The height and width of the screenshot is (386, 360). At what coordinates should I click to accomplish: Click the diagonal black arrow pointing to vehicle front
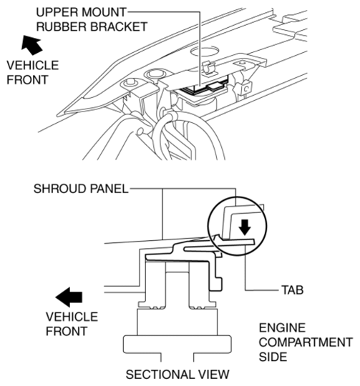pos(31,45)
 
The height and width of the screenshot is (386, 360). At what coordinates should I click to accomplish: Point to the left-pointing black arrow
pos(69,297)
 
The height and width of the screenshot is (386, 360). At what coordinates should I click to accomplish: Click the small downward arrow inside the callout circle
pos(245,227)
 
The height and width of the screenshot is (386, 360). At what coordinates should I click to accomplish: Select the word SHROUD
pos(60,189)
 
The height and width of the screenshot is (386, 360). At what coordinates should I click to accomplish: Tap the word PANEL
pos(109,189)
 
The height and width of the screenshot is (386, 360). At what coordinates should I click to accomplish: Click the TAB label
pos(293,290)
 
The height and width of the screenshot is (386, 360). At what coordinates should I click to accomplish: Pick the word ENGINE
pos(282,327)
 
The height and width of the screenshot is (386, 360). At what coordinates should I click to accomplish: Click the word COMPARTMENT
pos(306,342)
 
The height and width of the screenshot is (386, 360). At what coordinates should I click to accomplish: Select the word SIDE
pos(273,357)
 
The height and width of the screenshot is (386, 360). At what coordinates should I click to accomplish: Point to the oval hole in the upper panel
pos(205,51)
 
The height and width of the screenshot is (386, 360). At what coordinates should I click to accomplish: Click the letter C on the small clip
pos(246,89)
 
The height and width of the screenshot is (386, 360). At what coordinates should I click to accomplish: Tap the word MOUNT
pos(104,12)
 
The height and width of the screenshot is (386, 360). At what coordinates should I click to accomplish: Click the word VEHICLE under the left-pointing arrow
pos(72,317)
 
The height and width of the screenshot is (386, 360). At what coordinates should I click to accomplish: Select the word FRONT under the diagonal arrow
pos(27,80)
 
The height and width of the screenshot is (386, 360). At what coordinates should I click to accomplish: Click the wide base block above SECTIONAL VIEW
pos(177,344)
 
